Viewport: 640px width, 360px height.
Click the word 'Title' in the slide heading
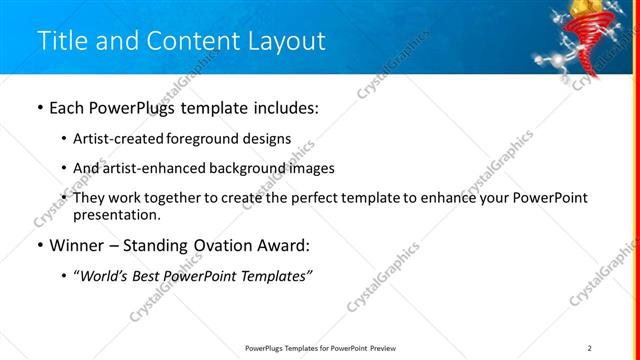[61, 41]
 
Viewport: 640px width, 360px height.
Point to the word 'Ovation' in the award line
[223, 246]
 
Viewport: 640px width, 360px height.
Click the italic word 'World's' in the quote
[103, 277]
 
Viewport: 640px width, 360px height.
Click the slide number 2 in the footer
[590, 348]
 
